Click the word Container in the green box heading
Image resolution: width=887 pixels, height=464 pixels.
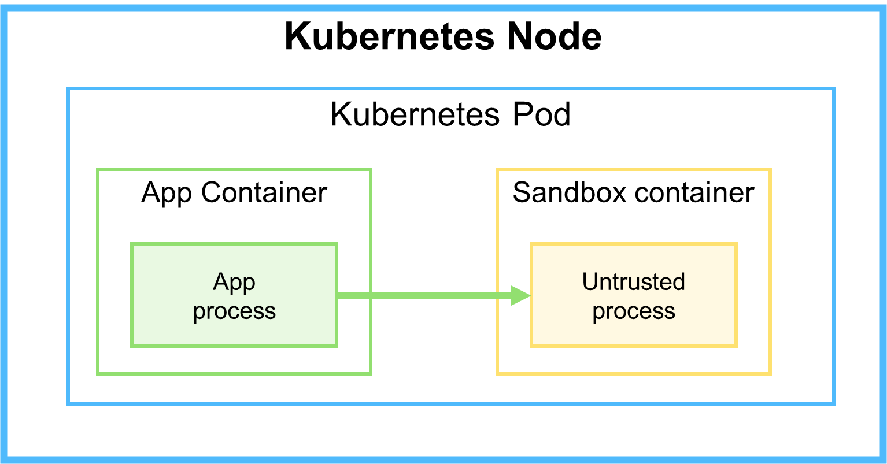[x=264, y=192]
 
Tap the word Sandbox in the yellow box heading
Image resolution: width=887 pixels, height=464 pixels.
[x=561, y=192]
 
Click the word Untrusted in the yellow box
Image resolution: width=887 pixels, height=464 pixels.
[x=633, y=282]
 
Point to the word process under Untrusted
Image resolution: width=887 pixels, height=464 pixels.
[x=634, y=311]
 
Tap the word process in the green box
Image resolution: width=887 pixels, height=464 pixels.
[x=234, y=311]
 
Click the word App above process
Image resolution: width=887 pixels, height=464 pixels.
[x=234, y=282]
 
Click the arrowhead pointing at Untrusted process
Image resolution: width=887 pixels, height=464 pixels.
[x=520, y=295]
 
